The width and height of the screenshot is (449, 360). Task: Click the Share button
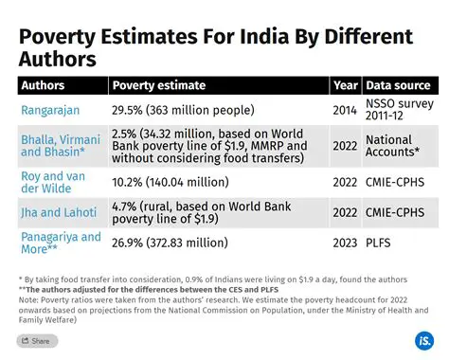coord(37,341)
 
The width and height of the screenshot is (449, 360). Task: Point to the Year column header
coord(345,85)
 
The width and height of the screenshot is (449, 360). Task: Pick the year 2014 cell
coord(345,110)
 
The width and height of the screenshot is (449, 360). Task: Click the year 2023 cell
coord(345,243)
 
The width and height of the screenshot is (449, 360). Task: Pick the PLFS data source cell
coord(381,243)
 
